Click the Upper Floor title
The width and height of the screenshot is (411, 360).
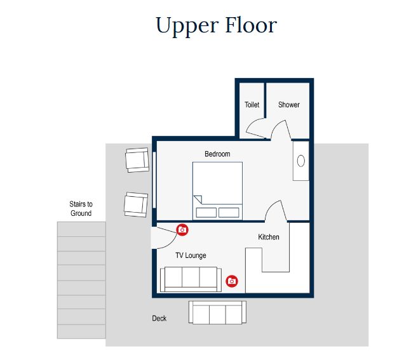click(x=216, y=26)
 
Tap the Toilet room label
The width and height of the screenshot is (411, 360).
click(x=252, y=105)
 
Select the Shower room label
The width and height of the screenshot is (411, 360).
click(x=289, y=105)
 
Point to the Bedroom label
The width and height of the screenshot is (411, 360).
click(x=217, y=154)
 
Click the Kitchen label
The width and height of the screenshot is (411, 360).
click(x=269, y=237)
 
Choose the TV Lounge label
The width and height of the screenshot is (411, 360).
click(x=191, y=255)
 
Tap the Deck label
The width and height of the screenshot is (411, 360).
click(x=159, y=318)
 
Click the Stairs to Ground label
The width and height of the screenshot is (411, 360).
click(x=81, y=208)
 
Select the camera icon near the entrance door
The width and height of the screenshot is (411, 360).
click(x=182, y=230)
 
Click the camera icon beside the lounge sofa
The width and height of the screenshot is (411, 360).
click(x=232, y=281)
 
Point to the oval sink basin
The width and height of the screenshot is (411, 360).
click(x=301, y=161)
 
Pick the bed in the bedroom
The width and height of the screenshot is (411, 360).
click(x=217, y=191)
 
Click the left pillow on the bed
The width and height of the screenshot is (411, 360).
click(x=206, y=213)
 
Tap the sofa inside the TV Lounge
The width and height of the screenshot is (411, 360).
click(x=191, y=279)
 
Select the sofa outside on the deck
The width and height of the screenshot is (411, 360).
click(x=217, y=312)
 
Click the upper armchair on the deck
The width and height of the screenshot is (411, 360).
click(x=137, y=160)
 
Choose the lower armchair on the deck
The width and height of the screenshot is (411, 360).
click(x=136, y=204)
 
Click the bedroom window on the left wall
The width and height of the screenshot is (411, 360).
click(x=154, y=180)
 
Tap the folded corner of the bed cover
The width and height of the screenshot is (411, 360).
click(x=198, y=199)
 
